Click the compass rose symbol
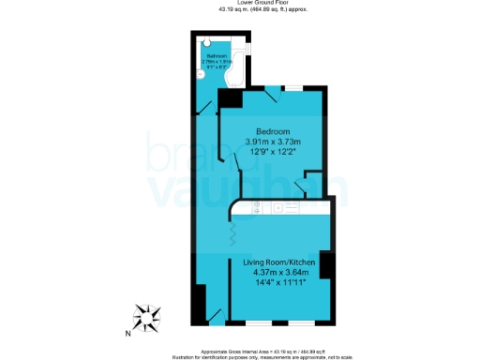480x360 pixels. tap(148, 318)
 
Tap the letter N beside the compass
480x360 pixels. tap(128, 332)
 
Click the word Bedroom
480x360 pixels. tap(273, 130)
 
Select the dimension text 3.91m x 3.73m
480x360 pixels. tap(273, 142)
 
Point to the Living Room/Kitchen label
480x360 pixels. tap(279, 261)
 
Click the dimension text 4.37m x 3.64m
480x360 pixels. tap(279, 272)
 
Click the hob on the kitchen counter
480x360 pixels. tap(282, 208)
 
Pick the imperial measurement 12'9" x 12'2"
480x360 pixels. tap(273, 153)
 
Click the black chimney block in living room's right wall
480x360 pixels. tap(325, 265)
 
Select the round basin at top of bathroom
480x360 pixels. tap(206, 42)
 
